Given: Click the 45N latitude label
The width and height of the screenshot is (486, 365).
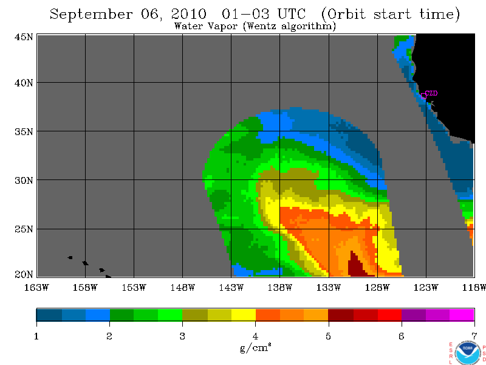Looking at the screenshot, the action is pos(24,37).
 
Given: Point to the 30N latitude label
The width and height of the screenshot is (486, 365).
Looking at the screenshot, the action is pos(24,180).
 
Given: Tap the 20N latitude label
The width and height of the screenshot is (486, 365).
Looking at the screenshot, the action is pos(24,274).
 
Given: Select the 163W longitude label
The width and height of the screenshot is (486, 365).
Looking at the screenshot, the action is pos(36,288).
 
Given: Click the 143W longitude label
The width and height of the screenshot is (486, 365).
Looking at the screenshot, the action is pos(231,288).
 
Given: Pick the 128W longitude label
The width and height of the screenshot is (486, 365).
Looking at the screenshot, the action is pos(377,288).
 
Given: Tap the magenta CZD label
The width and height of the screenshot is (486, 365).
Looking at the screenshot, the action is pos(431,93).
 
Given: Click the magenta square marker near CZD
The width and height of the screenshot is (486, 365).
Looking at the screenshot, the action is pos(423,96).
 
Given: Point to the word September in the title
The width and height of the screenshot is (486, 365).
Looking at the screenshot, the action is pos(91,15).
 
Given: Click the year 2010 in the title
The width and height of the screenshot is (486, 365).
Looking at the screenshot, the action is pos(188,14).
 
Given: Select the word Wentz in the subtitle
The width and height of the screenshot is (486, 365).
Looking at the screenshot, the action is pos(261,26).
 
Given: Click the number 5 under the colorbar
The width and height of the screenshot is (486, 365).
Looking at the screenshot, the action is pos(328,336).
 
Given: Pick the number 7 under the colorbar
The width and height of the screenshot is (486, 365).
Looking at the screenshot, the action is pos(474,336).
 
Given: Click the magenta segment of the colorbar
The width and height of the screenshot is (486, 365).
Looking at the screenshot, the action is pos(462,315).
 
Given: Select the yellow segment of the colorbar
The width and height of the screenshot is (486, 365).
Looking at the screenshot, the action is pos(244,315).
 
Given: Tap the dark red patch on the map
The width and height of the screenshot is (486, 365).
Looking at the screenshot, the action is pos(356,265).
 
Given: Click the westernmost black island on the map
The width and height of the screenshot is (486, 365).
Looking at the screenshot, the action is pos(70,257).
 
